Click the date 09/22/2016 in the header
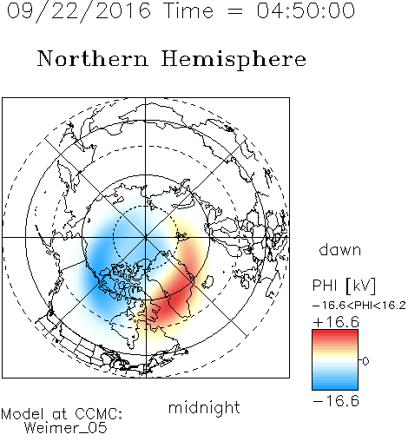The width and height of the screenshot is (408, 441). click(79, 11)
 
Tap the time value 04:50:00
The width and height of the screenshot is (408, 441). click(306, 10)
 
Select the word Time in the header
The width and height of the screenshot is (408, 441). click(188, 10)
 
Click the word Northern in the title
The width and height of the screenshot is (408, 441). click(93, 58)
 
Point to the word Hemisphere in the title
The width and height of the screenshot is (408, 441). click(234, 60)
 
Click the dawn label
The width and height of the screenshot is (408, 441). click(340, 249)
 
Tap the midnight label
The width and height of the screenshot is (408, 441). click(204, 407)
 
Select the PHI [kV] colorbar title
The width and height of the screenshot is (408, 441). click(344, 286)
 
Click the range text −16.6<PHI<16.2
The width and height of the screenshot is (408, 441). click(359, 306)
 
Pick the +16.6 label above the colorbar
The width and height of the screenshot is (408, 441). click(336, 322)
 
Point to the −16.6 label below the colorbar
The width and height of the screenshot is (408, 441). click(336, 401)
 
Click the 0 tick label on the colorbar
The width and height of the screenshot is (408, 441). click(365, 361)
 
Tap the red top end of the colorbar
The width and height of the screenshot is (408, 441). click(335, 332)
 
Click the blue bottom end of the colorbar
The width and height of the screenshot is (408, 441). click(335, 387)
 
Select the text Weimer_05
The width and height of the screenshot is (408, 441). click(66, 428)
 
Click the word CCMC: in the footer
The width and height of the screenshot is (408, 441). click(98, 414)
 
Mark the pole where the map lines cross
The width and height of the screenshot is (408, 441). click(146, 237)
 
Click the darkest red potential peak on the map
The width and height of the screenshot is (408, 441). click(175, 301)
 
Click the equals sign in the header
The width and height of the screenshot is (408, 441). click(235, 11)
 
